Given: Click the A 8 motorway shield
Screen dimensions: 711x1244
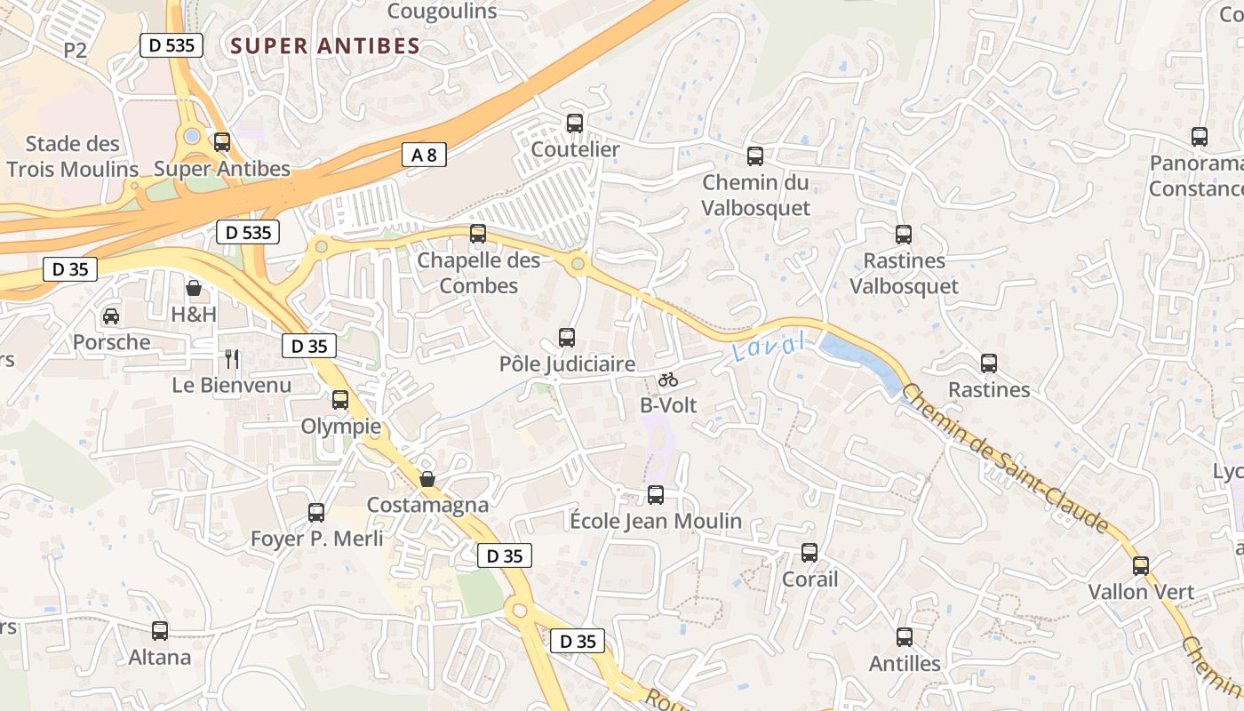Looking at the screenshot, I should click(424, 155).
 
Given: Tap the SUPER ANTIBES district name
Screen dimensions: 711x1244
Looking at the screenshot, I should click(325, 46).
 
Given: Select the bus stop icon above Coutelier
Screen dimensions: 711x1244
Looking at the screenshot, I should click(575, 124).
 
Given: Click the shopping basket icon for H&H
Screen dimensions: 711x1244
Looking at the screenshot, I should click(194, 288).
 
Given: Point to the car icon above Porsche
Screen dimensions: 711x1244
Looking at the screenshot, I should click(111, 316).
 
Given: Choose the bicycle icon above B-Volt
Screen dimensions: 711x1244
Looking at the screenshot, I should click(668, 379).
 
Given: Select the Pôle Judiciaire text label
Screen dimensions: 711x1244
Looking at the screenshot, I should click(567, 364).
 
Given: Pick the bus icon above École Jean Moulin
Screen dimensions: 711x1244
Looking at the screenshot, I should click(656, 495).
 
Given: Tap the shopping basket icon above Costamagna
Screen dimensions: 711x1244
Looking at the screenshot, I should click(427, 479).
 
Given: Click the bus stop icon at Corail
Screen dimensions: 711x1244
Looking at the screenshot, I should click(809, 553).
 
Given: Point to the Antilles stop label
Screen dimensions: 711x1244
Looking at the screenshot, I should click(905, 664).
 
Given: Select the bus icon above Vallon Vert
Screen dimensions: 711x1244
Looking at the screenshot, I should click(1141, 566).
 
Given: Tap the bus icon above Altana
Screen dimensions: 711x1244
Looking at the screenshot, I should click(160, 631).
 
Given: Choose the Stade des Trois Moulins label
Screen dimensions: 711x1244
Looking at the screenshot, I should click(73, 156).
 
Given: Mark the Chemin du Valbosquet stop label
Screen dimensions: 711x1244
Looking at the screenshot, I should click(756, 196).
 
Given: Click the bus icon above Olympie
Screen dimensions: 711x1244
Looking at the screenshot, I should click(340, 400).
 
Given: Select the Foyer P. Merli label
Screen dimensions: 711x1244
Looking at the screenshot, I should click(317, 539).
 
